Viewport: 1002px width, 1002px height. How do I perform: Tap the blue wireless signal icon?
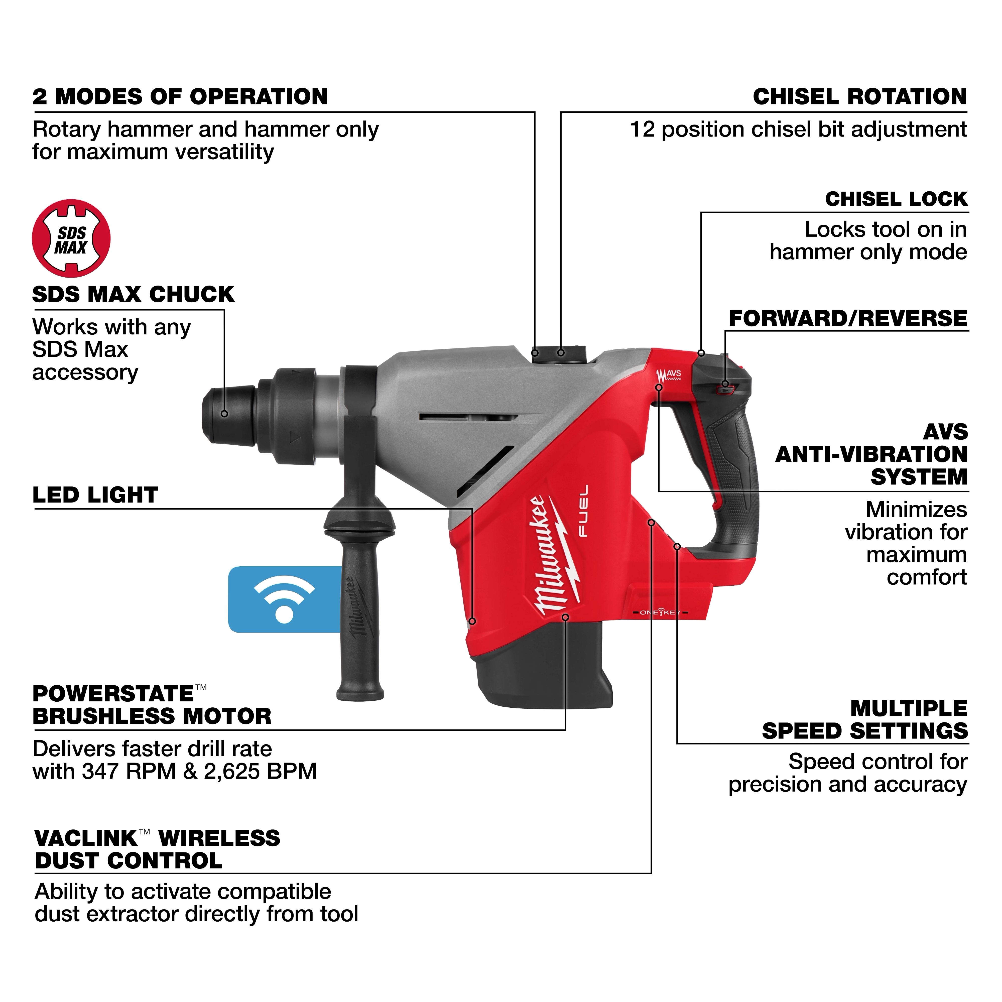(284, 599)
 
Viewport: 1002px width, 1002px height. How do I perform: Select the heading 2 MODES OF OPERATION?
(180, 97)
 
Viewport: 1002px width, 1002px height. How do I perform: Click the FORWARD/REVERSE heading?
(848, 318)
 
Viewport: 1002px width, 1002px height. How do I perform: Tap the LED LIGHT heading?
(95, 495)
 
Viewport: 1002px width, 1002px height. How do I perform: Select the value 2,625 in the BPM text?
(231, 772)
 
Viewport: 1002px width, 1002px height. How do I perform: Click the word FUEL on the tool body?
(583, 511)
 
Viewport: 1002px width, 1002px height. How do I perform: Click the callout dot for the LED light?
(472, 621)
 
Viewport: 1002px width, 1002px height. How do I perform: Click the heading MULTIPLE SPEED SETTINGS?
(865, 720)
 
